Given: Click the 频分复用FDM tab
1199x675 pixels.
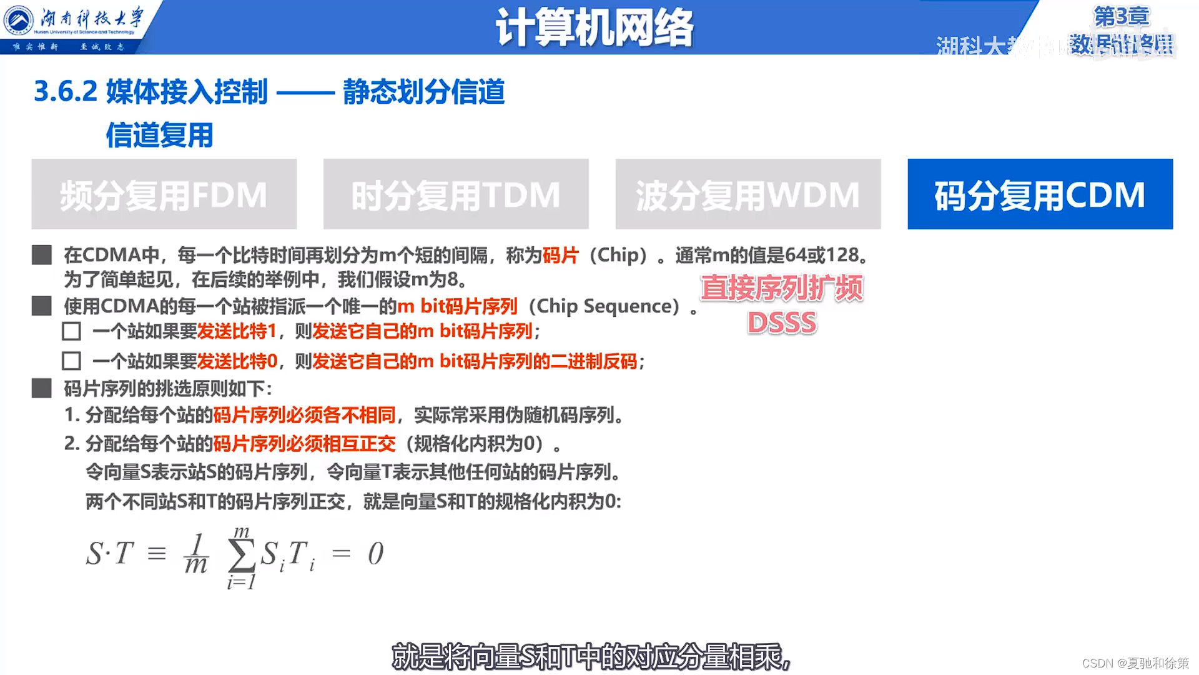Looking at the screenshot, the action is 164,194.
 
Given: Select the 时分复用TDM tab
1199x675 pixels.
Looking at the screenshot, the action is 456,194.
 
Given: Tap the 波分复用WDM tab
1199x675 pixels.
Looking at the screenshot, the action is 748,194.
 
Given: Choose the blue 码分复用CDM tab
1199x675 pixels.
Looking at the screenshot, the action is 1040,194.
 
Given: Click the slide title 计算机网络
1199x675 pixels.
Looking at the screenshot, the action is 594,28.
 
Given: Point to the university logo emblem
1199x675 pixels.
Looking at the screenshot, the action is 19,20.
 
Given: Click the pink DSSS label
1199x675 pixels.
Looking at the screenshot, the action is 782,322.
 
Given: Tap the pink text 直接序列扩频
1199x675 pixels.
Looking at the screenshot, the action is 782,288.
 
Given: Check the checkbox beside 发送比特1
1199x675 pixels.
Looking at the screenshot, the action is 72,331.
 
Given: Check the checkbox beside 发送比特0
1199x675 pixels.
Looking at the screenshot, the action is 72,361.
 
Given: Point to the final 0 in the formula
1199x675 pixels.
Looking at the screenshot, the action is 375,554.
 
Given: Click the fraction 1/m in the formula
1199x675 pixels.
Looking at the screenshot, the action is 196,554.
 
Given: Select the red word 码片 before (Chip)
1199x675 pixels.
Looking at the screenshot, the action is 560,255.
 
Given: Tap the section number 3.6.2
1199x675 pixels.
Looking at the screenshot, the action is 66,92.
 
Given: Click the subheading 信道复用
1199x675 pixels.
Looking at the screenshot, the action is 159,135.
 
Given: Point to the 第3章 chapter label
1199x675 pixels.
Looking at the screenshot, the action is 1121,17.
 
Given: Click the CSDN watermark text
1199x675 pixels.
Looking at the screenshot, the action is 1135,663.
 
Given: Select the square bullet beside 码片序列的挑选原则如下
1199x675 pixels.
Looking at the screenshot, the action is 42,389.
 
